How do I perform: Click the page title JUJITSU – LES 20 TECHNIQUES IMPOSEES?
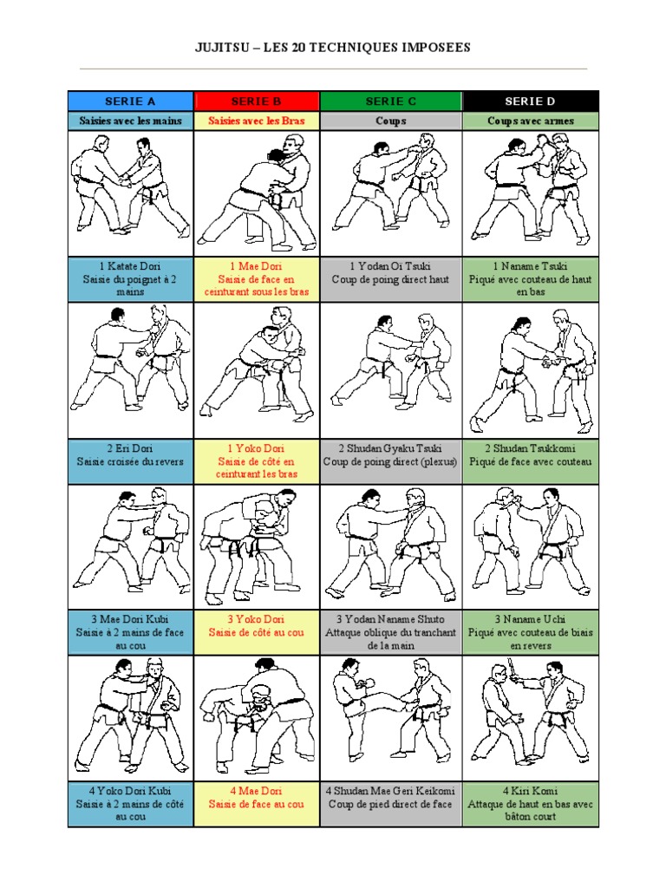[x=332, y=48]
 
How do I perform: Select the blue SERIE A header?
[x=130, y=101]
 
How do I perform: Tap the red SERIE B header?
[x=257, y=101]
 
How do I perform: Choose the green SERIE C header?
[x=391, y=101]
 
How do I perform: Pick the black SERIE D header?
[x=530, y=101]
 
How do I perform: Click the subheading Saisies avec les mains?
[x=130, y=121]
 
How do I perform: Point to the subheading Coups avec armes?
[x=530, y=121]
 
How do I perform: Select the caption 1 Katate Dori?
[x=130, y=266]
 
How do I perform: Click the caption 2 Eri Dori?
[x=130, y=448]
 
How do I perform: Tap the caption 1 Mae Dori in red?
[x=257, y=266]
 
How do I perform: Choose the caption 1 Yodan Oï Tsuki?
[x=391, y=266]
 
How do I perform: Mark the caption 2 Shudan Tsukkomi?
[x=530, y=448]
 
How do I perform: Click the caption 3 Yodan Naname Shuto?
[x=391, y=619]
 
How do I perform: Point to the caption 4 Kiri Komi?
[x=530, y=791]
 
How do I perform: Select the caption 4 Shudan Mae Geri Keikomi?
[x=391, y=791]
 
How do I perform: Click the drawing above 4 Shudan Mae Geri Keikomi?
[x=391, y=719]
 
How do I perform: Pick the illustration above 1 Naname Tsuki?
[x=531, y=193]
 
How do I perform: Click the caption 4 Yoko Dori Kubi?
[x=130, y=791]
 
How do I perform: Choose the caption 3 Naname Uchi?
[x=530, y=619]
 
